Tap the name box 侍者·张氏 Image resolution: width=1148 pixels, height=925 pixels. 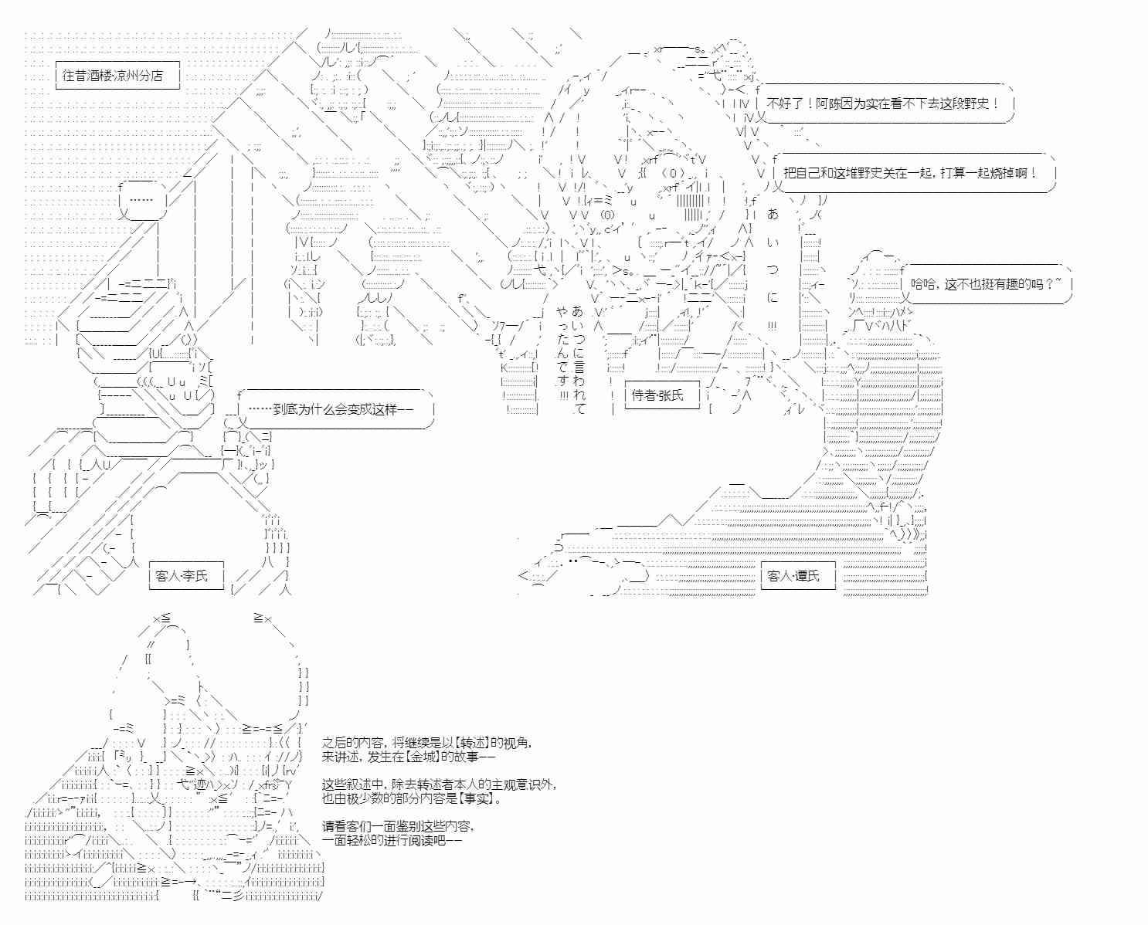658,395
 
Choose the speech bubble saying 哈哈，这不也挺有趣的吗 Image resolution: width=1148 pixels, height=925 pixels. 987,284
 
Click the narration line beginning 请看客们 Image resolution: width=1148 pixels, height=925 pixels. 398,826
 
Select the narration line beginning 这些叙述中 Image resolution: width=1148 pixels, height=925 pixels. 439,784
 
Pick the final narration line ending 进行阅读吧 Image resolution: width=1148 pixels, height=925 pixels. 392,840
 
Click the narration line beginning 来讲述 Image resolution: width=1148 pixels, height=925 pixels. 409,757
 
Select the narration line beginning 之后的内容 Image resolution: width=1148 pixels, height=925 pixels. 426,743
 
